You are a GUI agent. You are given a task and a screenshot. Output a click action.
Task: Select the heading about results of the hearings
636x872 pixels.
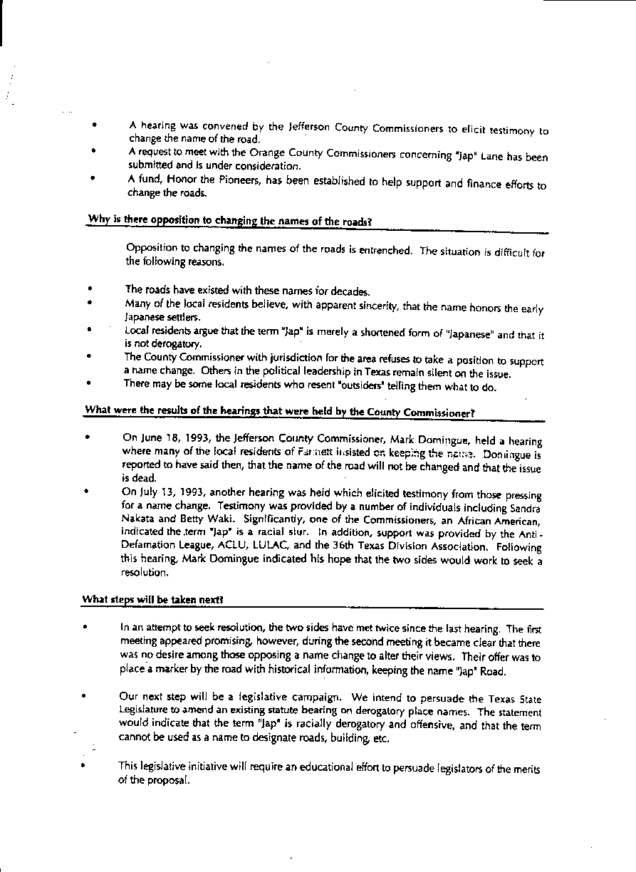[x=279, y=410]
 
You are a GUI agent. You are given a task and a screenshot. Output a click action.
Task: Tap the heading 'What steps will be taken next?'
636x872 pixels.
[x=154, y=600]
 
